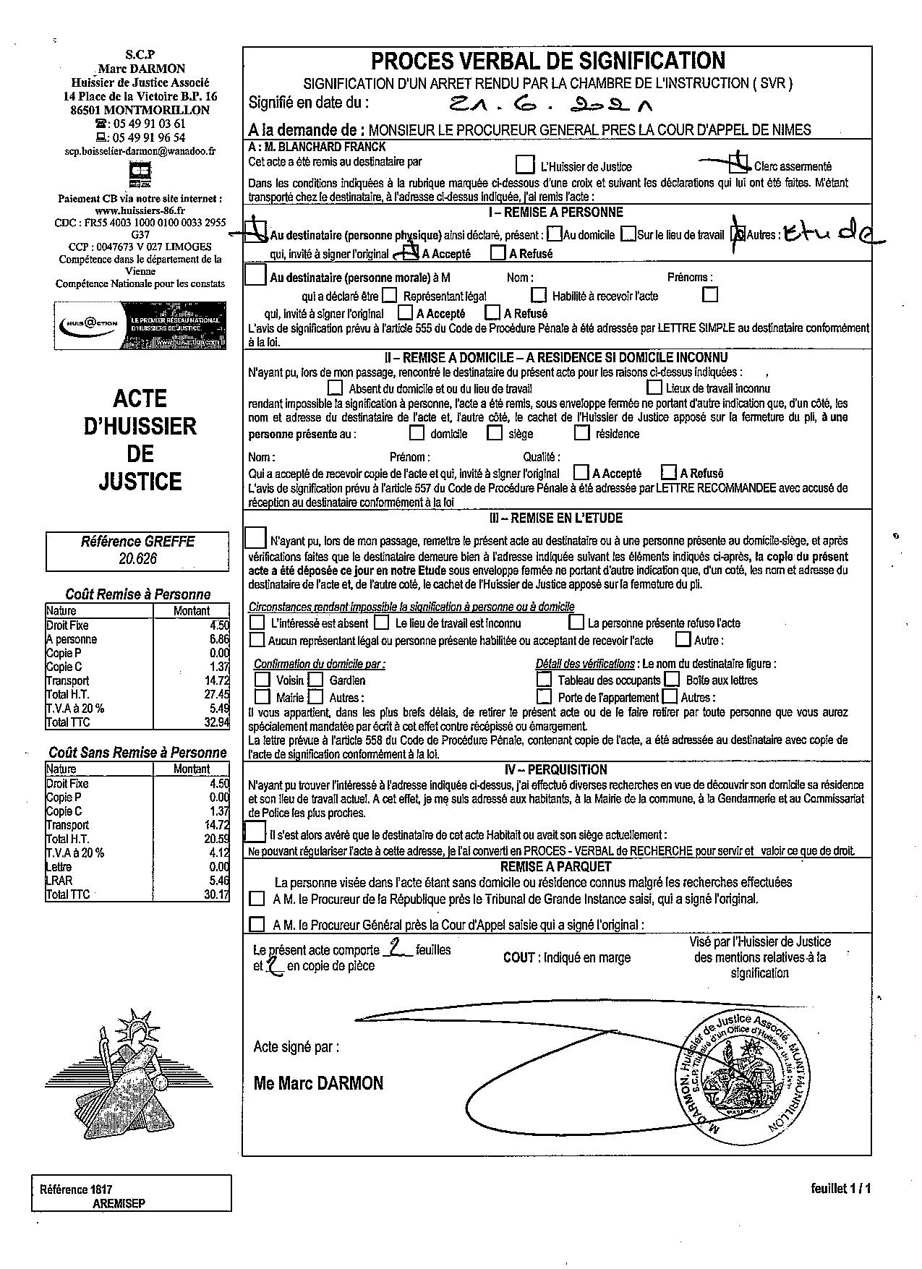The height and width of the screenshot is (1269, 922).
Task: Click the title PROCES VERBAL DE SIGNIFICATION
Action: tap(547, 61)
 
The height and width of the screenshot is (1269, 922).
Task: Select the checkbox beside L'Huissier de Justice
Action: tap(526, 166)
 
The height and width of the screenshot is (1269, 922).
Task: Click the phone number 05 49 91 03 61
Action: tap(148, 124)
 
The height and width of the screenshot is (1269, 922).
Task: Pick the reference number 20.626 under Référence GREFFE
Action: tap(137, 558)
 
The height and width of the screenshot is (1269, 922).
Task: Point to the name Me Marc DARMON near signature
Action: tap(318, 1082)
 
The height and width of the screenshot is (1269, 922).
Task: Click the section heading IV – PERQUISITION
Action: tap(555, 769)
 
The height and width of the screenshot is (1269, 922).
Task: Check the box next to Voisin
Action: tap(262, 680)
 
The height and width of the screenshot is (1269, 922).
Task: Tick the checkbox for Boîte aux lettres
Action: tap(672, 680)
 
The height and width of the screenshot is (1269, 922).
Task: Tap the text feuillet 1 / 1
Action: tap(841, 1188)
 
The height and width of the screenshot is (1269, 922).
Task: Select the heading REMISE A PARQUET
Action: tap(555, 866)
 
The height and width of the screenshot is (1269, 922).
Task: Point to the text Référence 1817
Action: tap(76, 1189)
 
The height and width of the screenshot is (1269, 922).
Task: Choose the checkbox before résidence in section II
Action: tap(582, 433)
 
